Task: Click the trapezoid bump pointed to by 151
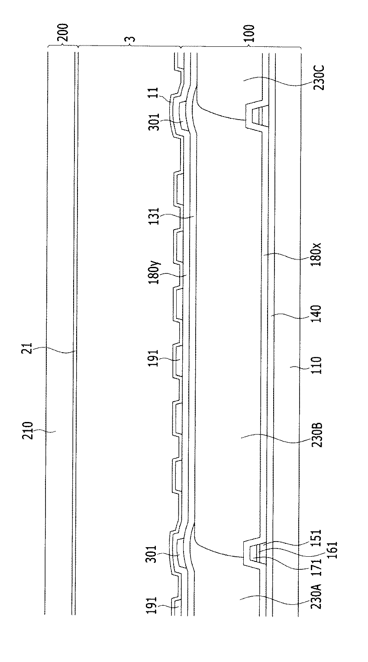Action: pos(252,550)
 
